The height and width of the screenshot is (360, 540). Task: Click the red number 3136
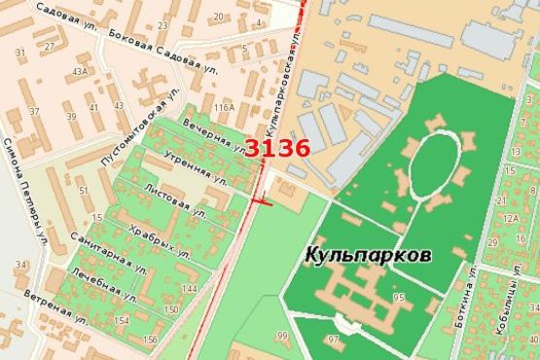(276, 149)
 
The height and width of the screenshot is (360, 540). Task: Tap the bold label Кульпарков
(369, 254)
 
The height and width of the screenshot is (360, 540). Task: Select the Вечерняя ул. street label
(214, 135)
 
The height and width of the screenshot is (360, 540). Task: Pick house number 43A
(79, 72)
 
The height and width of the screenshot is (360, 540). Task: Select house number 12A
(512, 218)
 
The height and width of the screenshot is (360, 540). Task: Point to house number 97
(333, 340)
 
